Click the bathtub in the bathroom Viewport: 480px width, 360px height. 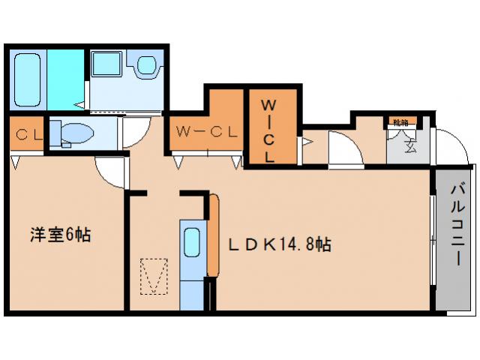tap(27, 79)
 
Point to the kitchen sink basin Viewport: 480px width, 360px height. tap(191, 244)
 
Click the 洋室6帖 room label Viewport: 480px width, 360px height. tap(60, 235)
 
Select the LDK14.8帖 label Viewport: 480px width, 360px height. tap(280, 244)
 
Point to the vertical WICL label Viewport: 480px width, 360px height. tap(268, 131)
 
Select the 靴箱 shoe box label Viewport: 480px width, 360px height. tap(398, 121)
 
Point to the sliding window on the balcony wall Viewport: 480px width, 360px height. tap(432, 240)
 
